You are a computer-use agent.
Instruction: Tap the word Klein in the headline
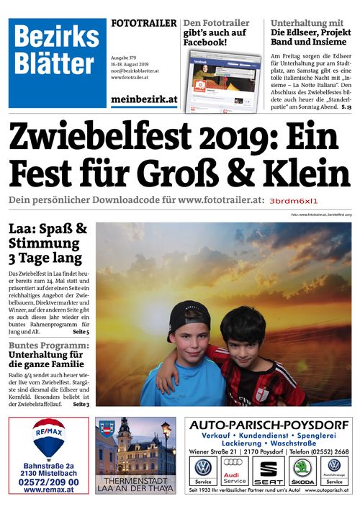coord(303,173)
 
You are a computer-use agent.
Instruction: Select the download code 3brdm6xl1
coord(292,202)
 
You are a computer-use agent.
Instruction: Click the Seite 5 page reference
coord(81,333)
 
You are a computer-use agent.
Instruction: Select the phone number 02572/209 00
coord(48,481)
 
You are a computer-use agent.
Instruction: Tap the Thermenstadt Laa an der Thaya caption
coord(135,484)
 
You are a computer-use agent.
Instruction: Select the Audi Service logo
coord(235,472)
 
